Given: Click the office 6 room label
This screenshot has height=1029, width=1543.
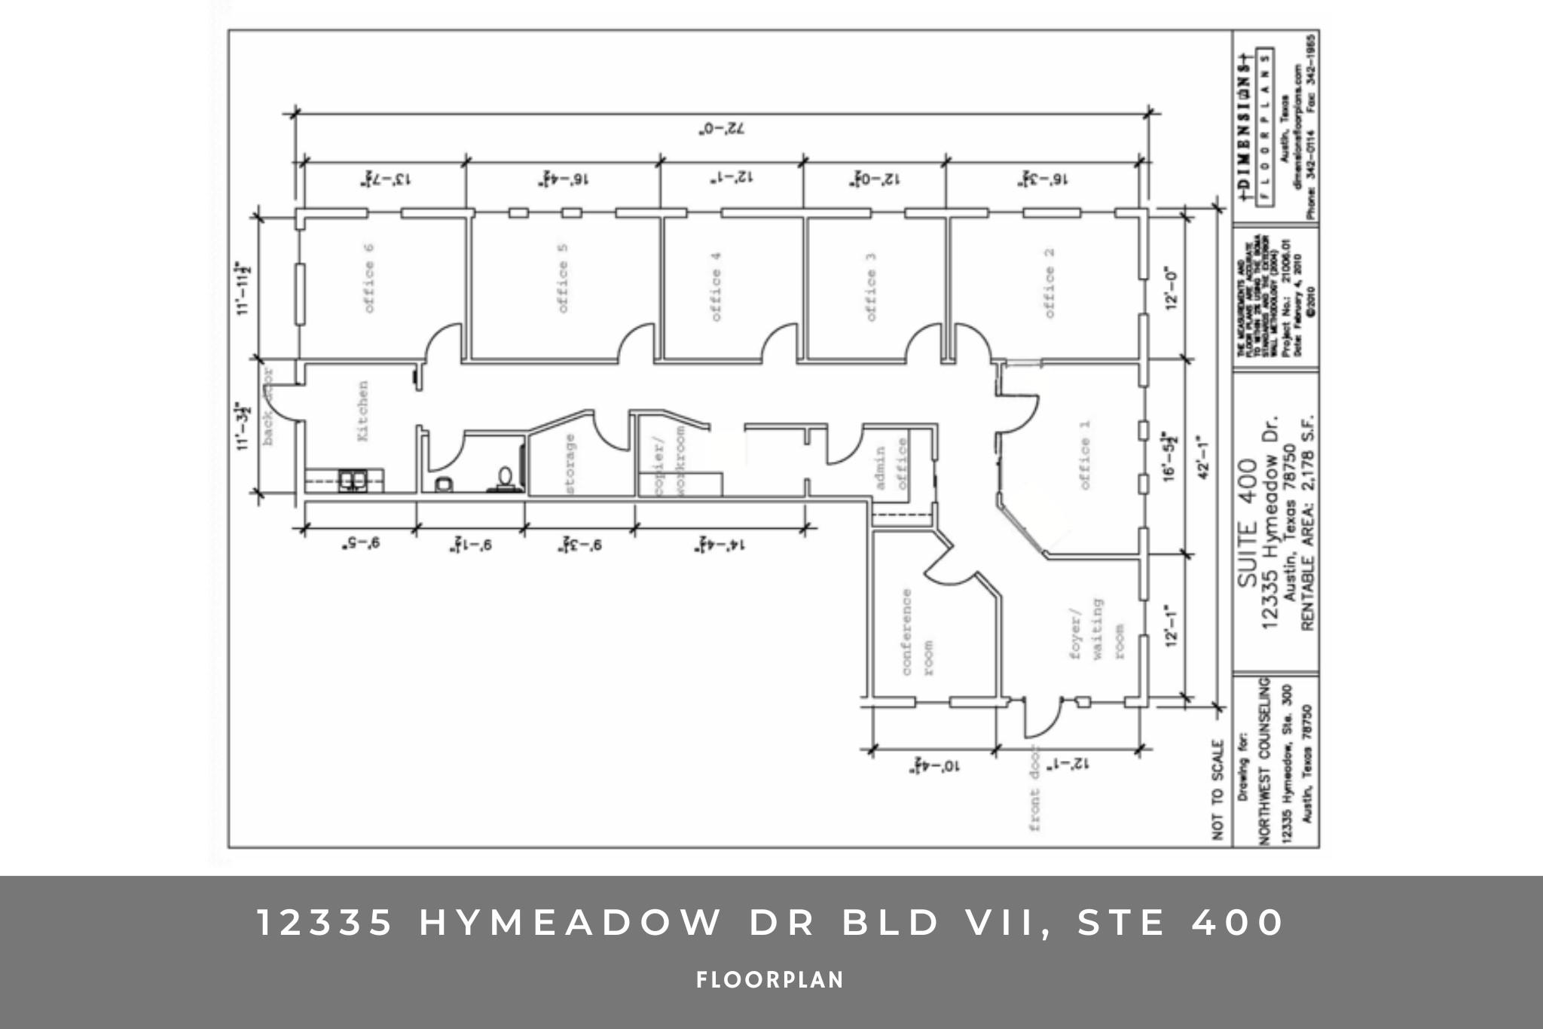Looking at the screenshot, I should click(x=369, y=278).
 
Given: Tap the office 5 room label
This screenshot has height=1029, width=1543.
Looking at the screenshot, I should click(x=563, y=278).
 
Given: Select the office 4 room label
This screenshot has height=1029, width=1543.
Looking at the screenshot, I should click(x=716, y=286).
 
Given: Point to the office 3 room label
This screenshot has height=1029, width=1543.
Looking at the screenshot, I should click(x=871, y=286).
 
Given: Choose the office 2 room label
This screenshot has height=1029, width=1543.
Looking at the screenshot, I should click(x=1049, y=282).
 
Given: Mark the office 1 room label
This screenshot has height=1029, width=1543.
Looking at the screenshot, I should click(x=1084, y=454).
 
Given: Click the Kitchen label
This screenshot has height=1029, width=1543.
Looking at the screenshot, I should click(x=362, y=411).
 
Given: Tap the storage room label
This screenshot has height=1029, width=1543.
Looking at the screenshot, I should click(x=570, y=464).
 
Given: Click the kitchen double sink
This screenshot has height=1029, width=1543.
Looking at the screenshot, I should click(x=351, y=480).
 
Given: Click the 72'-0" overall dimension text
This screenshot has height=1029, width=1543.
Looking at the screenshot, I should click(x=721, y=129).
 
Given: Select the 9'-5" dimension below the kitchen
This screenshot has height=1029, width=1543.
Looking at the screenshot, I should click(x=359, y=542).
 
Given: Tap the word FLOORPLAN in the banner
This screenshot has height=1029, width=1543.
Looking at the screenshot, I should click(x=770, y=980).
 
